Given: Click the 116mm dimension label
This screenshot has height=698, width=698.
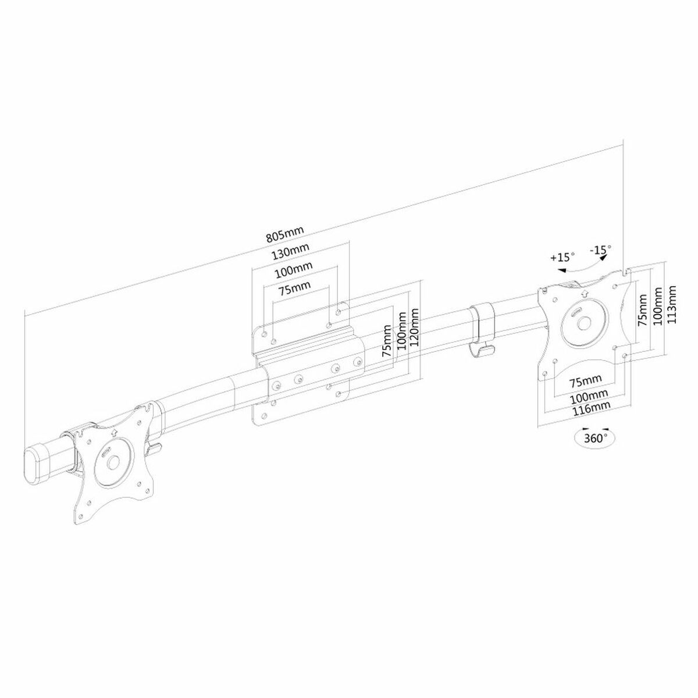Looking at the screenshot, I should click(x=586, y=409).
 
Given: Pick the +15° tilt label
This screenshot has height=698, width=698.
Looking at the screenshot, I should click(x=562, y=257).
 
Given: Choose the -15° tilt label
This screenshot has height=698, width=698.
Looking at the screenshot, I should click(x=600, y=250).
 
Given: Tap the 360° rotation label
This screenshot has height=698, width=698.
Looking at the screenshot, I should click(x=594, y=437).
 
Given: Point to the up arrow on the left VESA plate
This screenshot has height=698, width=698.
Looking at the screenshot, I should click(x=112, y=433).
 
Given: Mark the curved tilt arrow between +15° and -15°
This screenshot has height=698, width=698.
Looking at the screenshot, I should click(x=582, y=265).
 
